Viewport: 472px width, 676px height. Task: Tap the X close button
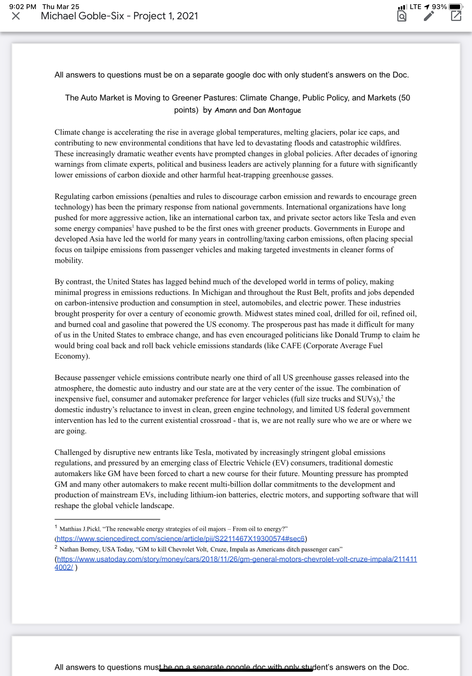pyautogui.click(x=16, y=16)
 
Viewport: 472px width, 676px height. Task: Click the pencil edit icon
pyautogui.click(x=429, y=16)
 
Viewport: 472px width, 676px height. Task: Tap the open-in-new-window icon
pyautogui.click(x=456, y=16)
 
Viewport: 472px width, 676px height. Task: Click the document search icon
pyautogui.click(x=402, y=16)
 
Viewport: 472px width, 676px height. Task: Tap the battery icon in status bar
pyautogui.click(x=455, y=7)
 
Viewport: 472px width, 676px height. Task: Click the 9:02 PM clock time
pyautogui.click(x=23, y=7)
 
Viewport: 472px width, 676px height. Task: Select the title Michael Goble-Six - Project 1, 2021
pyautogui.click(x=119, y=16)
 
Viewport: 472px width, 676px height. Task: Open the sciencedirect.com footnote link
pyautogui.click(x=180, y=538)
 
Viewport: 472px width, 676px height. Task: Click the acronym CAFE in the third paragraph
pyautogui.click(x=291, y=345)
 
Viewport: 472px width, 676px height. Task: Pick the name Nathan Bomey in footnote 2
pyautogui.click(x=79, y=549)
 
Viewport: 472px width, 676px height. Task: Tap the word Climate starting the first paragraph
pyautogui.click(x=67, y=132)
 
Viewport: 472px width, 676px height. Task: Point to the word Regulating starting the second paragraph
pyautogui.click(x=72, y=196)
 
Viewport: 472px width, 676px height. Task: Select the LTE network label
pyautogui.click(x=415, y=7)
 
